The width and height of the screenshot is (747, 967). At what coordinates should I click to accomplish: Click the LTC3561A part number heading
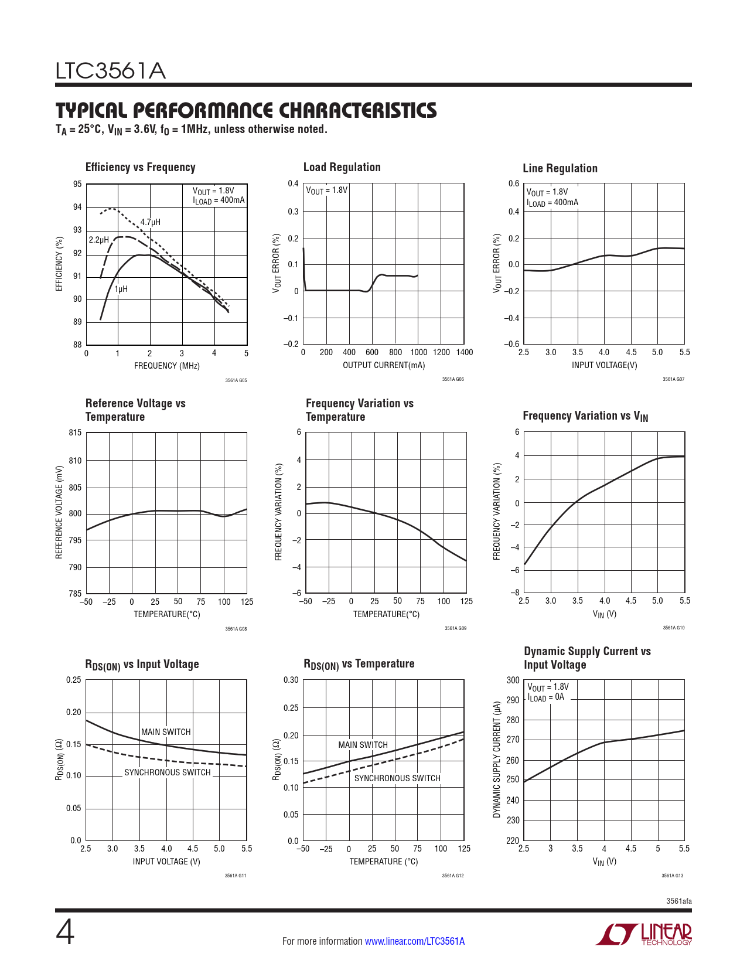click(111, 71)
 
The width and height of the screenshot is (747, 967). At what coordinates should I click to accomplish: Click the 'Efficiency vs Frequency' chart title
click(141, 167)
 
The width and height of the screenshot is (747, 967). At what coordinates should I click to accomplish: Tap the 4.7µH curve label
click(151, 222)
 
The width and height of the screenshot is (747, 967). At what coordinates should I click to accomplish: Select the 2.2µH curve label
click(99, 240)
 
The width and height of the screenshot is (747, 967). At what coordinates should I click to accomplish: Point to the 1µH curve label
click(121, 289)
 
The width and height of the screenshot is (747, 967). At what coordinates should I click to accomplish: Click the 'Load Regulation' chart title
click(342, 167)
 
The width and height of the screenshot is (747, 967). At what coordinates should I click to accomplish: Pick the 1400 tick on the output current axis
click(464, 352)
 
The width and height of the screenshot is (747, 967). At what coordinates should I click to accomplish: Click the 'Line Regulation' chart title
click(560, 168)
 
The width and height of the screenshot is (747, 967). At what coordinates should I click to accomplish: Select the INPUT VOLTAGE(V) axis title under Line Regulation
click(605, 365)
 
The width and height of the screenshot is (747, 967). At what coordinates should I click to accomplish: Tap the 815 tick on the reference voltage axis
click(75, 433)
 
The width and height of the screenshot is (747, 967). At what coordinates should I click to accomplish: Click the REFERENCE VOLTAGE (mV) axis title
click(59, 512)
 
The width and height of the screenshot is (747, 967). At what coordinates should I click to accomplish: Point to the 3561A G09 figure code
click(455, 628)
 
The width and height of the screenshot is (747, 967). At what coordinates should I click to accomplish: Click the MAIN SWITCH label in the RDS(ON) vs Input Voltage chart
click(166, 732)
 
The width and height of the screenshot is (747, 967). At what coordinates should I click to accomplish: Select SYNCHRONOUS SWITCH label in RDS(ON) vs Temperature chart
click(397, 778)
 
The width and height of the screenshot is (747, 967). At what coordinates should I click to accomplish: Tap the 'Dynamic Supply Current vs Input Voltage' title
click(587, 658)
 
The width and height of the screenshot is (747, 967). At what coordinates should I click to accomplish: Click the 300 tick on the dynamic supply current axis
click(513, 680)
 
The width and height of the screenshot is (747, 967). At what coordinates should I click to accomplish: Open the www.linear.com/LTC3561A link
click(415, 941)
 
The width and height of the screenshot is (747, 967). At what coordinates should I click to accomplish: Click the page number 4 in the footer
click(65, 933)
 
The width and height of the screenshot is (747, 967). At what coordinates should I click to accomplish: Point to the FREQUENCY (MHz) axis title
click(167, 366)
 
